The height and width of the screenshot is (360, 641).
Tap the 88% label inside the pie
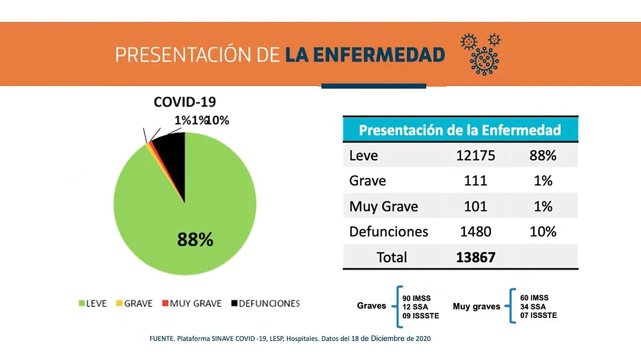point(195,240)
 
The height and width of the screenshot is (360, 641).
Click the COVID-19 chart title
point(185,102)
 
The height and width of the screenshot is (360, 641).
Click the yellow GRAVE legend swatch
point(120,303)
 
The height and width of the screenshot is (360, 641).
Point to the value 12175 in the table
point(475,155)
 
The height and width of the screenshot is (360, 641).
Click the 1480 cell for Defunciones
point(475,232)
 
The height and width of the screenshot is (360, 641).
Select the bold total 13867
point(475,257)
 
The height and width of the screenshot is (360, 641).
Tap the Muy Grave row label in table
point(383,206)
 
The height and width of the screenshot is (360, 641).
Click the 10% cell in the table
point(543,232)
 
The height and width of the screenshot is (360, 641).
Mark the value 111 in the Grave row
point(475,181)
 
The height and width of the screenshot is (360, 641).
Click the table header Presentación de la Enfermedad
point(460,130)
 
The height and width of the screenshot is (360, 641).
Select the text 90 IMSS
point(416,298)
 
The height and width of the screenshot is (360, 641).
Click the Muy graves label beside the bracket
point(476,307)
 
